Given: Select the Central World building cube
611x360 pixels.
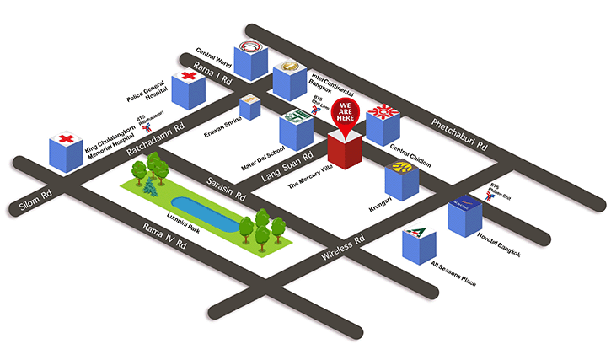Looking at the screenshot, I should click(x=251, y=60).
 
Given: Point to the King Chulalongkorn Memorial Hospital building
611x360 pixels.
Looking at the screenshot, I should click(x=65, y=151).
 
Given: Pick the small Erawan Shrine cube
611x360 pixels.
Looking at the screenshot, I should click(x=249, y=107).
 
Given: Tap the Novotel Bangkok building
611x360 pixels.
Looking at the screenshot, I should click(x=464, y=215).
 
